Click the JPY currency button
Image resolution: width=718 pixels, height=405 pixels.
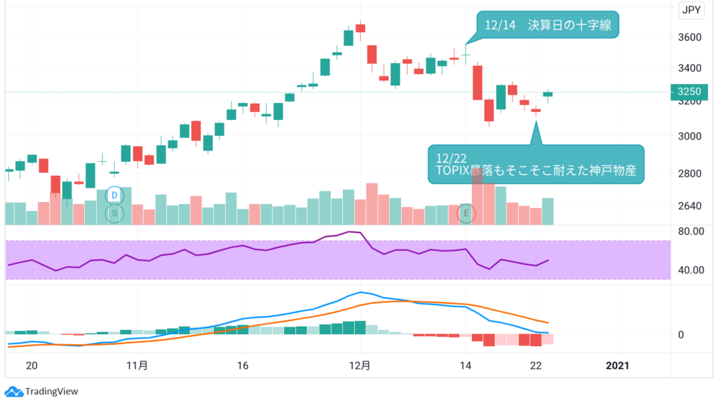[x=691, y=10]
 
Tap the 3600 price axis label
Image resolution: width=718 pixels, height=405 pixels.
[x=690, y=37]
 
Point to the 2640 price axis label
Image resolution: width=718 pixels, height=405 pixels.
[x=690, y=206]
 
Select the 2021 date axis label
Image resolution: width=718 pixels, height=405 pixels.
[x=618, y=365]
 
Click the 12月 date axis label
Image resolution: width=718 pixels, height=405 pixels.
[x=360, y=365]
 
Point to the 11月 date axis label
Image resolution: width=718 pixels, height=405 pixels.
[x=137, y=365]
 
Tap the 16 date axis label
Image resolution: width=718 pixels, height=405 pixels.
[x=243, y=365]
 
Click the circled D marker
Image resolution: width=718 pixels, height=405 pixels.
[x=115, y=194]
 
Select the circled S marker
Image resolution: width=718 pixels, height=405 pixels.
[x=115, y=213]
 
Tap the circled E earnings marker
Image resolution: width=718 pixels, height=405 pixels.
[x=467, y=213]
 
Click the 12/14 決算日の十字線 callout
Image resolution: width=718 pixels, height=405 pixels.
[x=548, y=25]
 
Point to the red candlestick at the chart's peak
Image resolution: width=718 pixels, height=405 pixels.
[x=360, y=28]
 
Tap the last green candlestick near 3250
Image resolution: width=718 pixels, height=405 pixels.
[x=548, y=94]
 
